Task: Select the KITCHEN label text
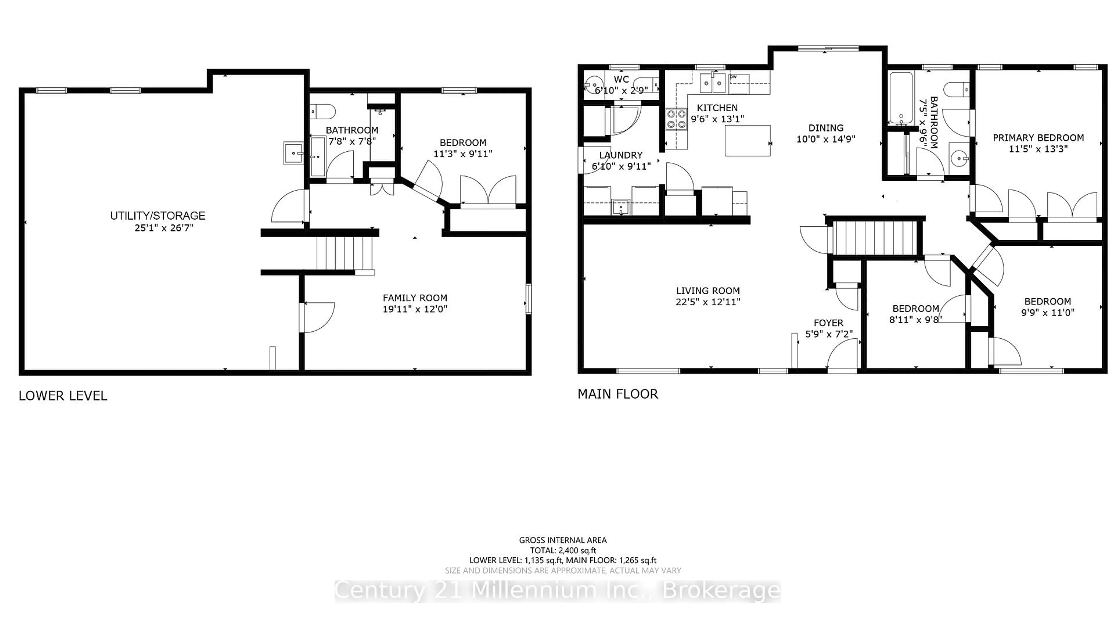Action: tap(717, 108)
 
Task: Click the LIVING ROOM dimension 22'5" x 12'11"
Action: tap(708, 302)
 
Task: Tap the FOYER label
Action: tap(828, 323)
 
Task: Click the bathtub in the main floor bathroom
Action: tap(901, 98)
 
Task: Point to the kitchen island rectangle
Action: tap(747, 140)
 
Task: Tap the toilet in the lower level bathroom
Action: tap(322, 112)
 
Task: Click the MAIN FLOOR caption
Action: tap(617, 394)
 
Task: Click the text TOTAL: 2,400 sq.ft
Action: tap(563, 550)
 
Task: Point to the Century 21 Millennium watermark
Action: tap(557, 591)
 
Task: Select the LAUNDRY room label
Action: tap(621, 155)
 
